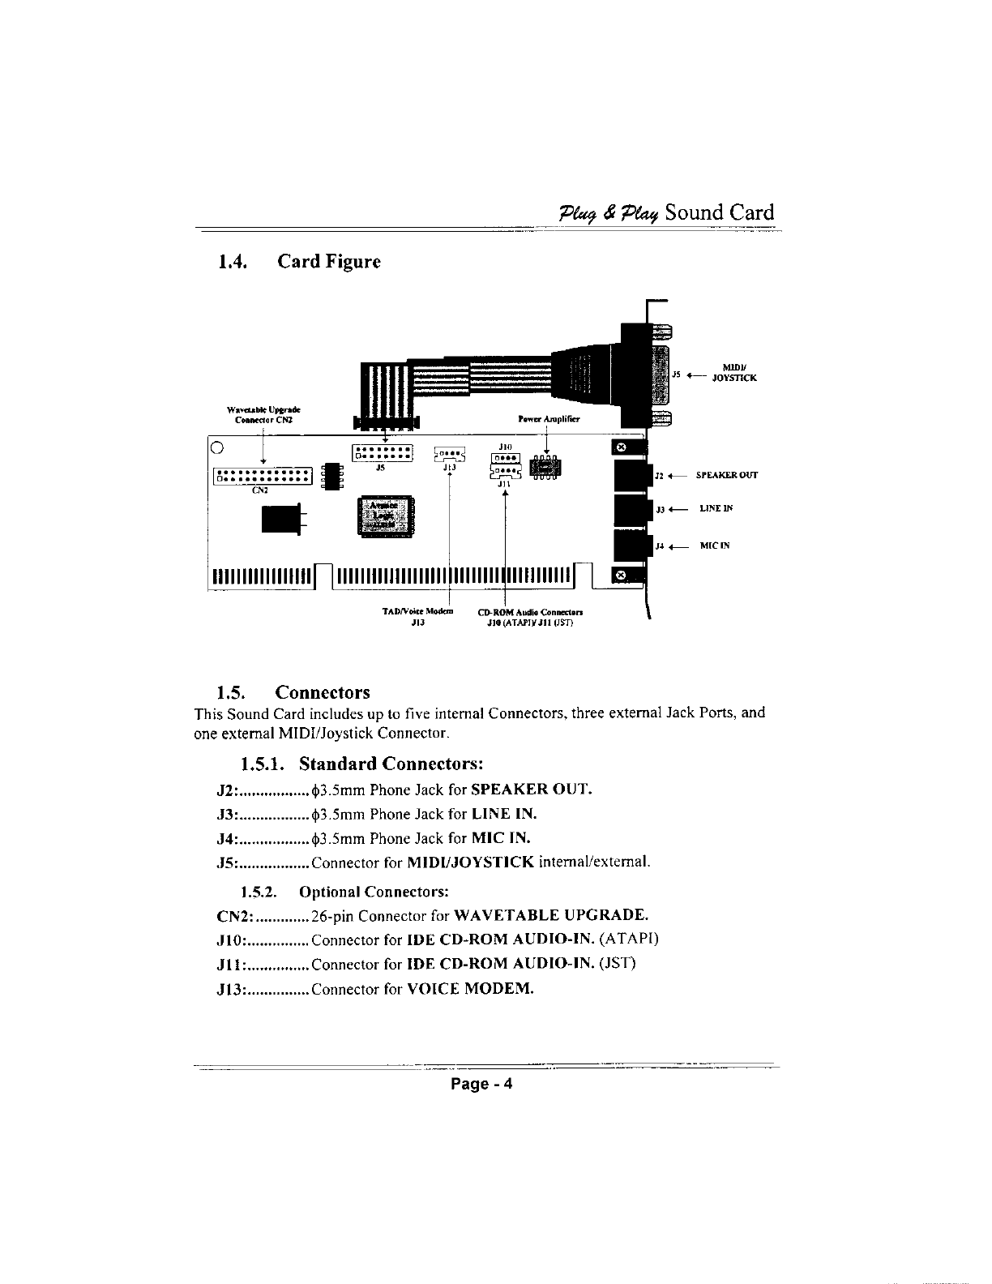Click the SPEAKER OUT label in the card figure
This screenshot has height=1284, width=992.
(727, 475)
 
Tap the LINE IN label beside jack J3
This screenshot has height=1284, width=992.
(716, 509)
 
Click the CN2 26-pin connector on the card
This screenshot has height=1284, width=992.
(263, 476)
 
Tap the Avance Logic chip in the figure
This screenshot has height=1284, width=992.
(385, 515)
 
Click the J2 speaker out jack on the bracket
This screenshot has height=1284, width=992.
(634, 476)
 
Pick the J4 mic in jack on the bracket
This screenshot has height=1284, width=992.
(634, 545)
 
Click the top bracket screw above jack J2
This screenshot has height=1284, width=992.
(622, 447)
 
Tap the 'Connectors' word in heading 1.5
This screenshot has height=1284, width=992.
(323, 692)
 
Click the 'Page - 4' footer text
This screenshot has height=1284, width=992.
(482, 1085)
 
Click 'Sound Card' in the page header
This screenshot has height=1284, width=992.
(719, 212)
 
